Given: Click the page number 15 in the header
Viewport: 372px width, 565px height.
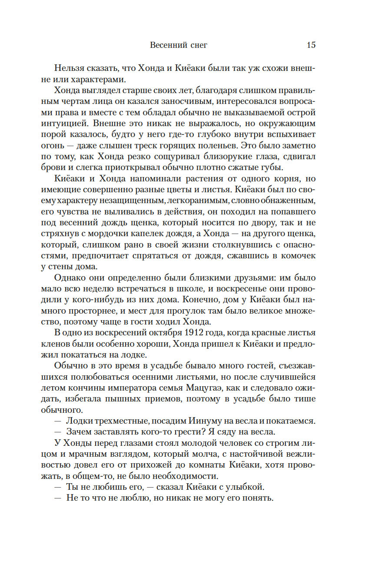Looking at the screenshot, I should coord(311,45).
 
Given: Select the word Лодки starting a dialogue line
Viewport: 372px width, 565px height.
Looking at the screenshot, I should coord(79,421).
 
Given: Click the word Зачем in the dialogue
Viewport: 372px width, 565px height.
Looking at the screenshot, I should coord(79,432).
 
